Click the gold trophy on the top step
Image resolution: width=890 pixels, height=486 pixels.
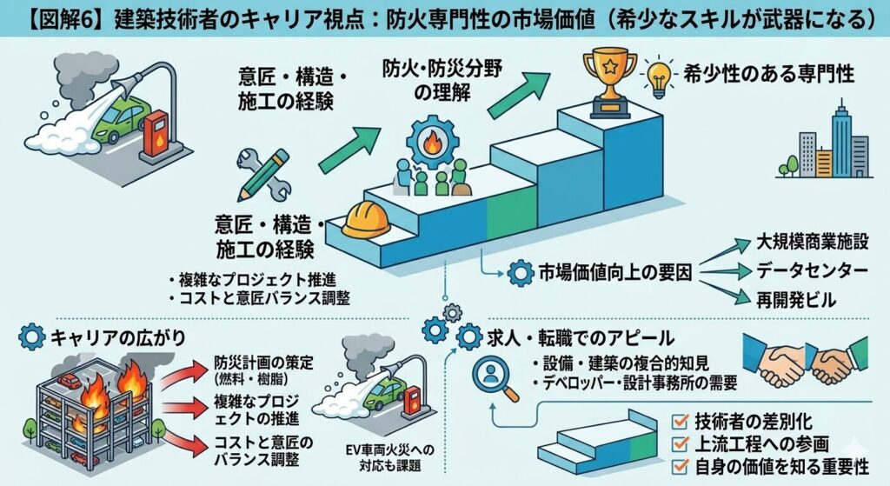[608, 82]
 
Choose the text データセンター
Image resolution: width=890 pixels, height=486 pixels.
[807, 271]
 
